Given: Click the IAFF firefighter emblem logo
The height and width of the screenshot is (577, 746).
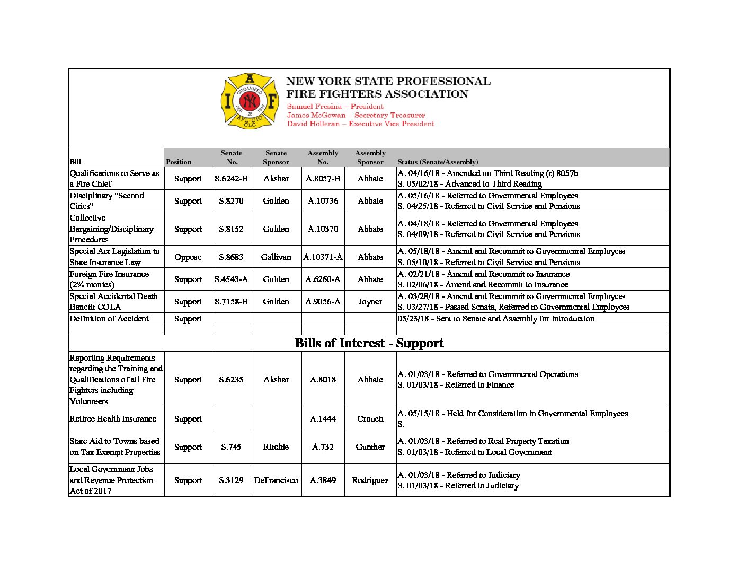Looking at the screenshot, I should coord(250,101).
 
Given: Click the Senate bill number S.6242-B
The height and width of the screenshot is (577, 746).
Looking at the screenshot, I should coord(231,179).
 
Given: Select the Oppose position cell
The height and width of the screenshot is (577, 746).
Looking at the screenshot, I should coord(188,257).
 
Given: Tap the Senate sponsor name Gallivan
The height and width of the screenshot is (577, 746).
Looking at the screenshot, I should coord(276,257).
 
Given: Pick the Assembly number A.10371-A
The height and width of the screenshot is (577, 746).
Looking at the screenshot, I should coord(323,257).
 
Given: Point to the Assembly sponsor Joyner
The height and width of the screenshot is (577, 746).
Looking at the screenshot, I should coord(370,302).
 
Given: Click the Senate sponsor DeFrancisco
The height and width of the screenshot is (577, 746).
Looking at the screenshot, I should coord(276,480).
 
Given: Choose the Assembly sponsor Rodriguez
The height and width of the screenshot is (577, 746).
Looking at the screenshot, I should coord(370,480).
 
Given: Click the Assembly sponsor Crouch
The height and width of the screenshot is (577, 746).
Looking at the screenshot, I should coord(370,419).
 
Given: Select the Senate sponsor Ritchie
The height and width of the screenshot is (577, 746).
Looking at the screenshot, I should coord(276,447).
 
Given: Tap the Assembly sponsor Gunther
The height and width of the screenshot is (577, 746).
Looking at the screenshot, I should coord(370,447).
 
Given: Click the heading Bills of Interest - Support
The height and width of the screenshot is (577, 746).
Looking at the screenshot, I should coord(369,343).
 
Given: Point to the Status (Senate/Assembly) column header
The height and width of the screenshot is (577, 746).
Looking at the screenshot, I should coord(438,162).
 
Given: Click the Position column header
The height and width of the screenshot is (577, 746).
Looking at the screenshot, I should coord(179,162).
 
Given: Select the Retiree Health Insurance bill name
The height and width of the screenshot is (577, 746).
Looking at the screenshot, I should coord(113,419).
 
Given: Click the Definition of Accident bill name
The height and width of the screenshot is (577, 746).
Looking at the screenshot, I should coord(109,319).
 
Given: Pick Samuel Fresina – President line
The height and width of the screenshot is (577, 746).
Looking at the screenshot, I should coord(335,107).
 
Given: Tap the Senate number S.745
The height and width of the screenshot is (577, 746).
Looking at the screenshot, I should coord(231,447).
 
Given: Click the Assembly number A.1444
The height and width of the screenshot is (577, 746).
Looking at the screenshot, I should coord(323,419).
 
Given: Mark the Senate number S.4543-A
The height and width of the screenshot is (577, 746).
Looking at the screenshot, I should coord(231,279).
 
